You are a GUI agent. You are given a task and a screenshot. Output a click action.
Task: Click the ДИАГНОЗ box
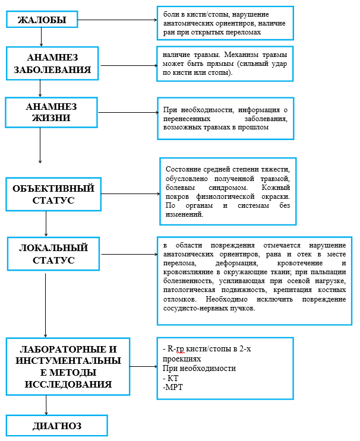click(x=57, y=426)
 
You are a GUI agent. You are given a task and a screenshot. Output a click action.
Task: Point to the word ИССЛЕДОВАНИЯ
click(x=68, y=384)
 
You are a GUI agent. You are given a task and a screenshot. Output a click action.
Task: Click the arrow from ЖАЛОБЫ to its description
click(x=116, y=20)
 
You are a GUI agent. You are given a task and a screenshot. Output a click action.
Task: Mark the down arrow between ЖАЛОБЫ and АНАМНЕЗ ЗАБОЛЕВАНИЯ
click(x=41, y=37)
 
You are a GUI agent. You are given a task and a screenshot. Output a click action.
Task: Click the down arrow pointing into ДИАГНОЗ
click(x=46, y=406)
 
